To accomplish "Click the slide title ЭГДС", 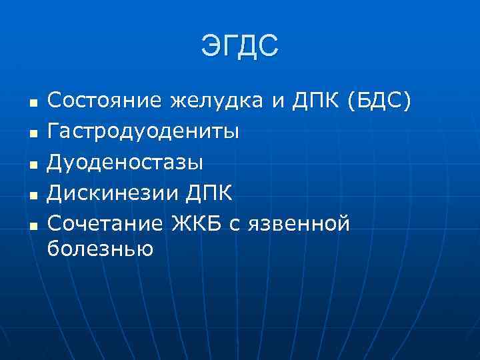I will coord(239,47).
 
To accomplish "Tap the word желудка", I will coord(217,103).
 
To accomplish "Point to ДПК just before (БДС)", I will coord(311,101).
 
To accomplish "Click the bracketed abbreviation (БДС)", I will coord(379,102).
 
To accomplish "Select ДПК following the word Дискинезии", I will coord(209,194).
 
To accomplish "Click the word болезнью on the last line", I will coord(101,250).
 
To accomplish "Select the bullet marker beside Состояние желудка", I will coord(32,103).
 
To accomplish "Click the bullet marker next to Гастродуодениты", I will coord(32,134).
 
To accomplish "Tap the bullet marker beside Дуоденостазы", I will coord(32,165).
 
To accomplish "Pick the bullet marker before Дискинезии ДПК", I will coord(32,195).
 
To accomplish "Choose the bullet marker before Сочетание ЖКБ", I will coord(32,226).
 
